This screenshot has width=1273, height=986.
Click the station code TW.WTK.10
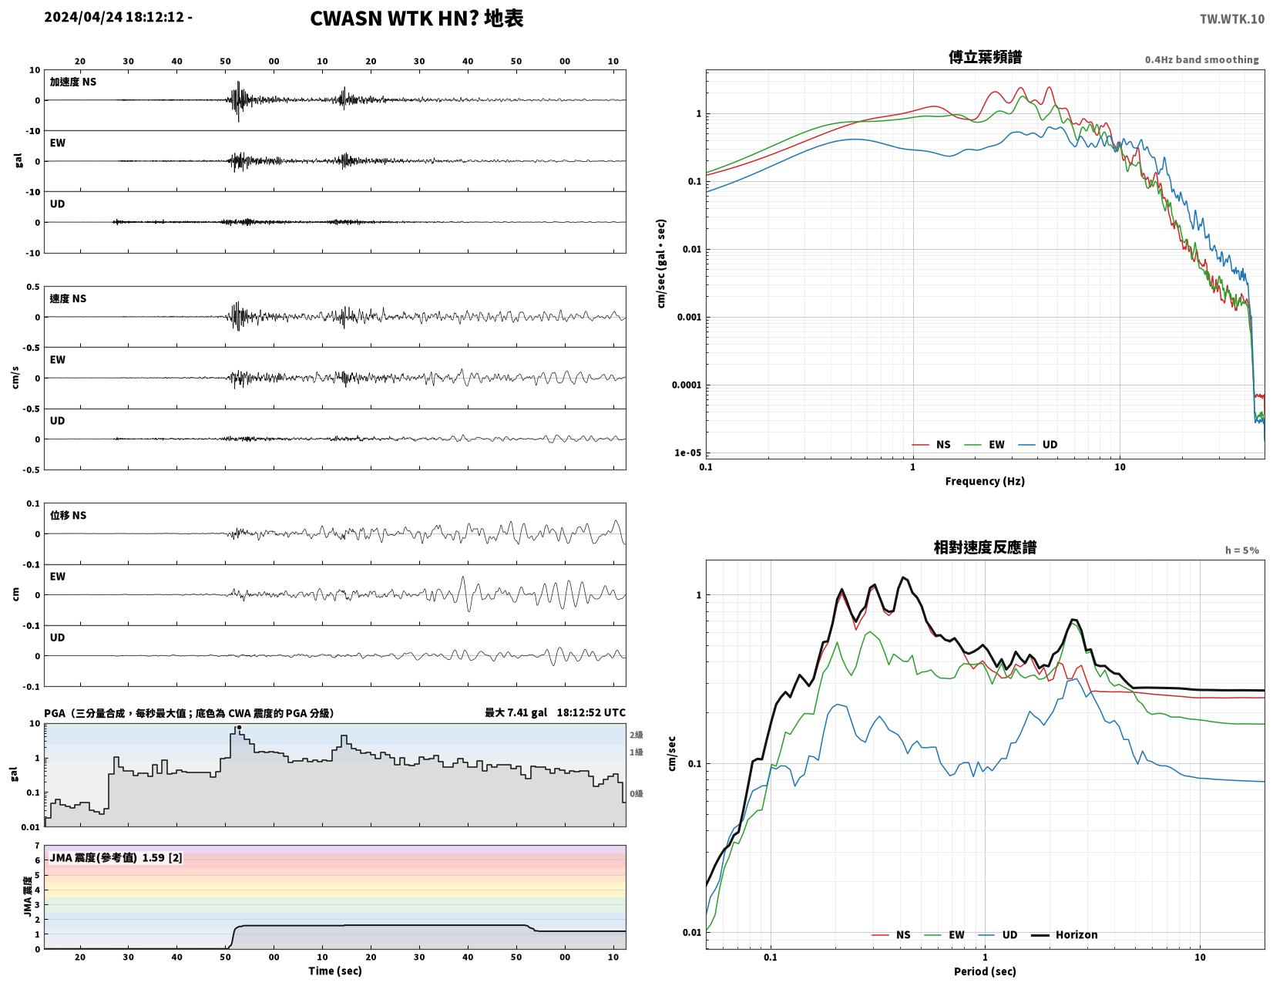click(x=1231, y=19)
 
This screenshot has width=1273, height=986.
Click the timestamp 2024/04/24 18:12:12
click(x=114, y=16)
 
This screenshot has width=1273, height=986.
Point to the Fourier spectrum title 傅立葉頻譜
click(x=985, y=57)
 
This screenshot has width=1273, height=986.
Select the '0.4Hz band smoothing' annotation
click(x=1201, y=59)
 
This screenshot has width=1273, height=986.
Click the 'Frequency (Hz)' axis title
click(x=984, y=481)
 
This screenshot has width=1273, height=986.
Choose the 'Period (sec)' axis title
click(x=984, y=971)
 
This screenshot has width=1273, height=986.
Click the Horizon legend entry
click(x=1064, y=934)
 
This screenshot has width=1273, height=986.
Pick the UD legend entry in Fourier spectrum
click(x=1038, y=444)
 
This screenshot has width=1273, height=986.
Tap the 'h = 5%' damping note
click(x=1241, y=550)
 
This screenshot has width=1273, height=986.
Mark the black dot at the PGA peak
click(x=239, y=728)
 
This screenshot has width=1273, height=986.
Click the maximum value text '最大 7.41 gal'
click(x=516, y=712)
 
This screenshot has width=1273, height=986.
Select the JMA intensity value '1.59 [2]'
click(x=162, y=858)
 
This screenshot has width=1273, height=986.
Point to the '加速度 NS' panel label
click(x=72, y=82)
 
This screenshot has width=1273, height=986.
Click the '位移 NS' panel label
click(x=68, y=515)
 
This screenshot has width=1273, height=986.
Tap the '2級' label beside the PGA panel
click(x=636, y=735)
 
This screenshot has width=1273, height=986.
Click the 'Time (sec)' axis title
click(x=335, y=971)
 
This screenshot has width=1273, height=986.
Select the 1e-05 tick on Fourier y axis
click(x=687, y=453)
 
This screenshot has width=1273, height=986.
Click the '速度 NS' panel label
click(x=68, y=299)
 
